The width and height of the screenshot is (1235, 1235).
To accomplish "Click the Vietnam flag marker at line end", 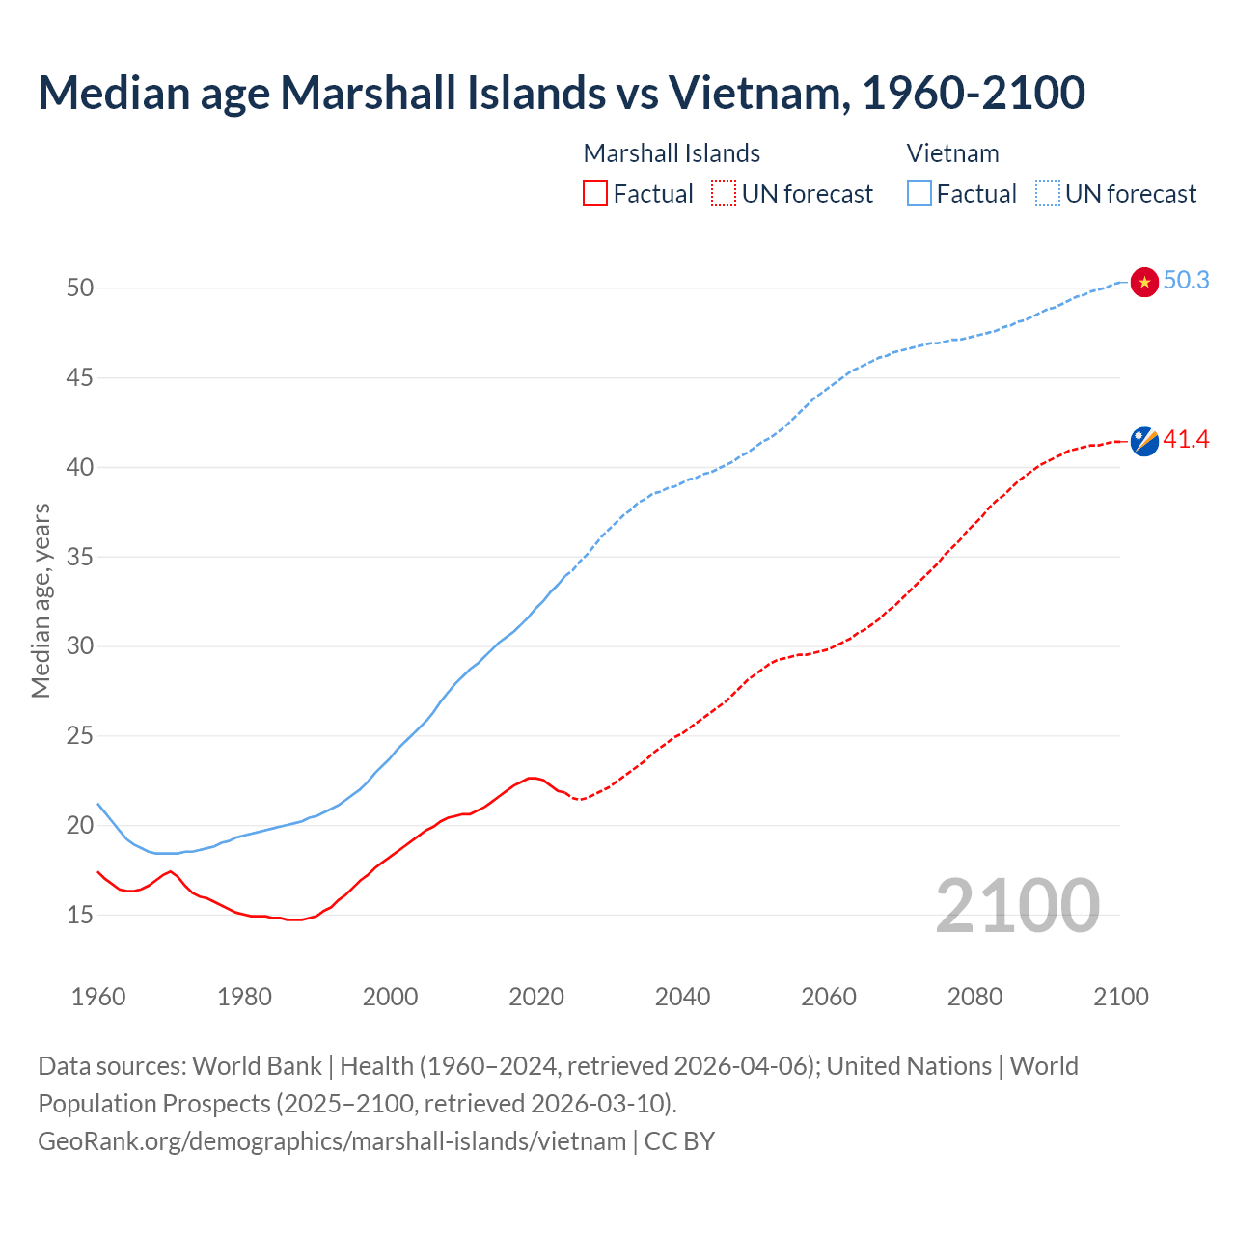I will coord(1144,282).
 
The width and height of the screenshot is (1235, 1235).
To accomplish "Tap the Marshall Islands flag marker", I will coord(1144,441).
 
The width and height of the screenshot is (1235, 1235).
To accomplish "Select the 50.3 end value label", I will coord(1186,281).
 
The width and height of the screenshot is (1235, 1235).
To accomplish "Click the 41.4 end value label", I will coord(1186,440).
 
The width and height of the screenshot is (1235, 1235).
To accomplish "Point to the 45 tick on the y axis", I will coord(80,377).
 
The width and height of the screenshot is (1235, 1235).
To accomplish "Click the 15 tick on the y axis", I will coord(80,915).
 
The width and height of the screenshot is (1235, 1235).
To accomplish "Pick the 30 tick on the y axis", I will coord(80,645).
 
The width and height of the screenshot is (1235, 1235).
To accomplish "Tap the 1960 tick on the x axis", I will coord(98,997).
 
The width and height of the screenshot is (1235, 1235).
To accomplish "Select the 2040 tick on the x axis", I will coord(682,997).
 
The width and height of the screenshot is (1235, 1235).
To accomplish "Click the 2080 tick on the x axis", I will coord(974,997).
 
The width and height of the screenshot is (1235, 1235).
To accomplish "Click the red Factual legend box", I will coord(595,194).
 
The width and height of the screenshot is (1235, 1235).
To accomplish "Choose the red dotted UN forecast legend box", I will coord(724,194).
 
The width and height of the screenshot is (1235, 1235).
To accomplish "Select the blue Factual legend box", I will coord(919,194).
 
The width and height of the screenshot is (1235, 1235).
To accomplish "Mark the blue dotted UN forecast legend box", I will coord(1047,194).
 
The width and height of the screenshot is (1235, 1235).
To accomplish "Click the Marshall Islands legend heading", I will coord(672,153).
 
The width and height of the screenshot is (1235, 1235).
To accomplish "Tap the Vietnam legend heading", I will coord(952,153).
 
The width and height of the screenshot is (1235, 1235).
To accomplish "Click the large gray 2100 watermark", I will coord(1017,905).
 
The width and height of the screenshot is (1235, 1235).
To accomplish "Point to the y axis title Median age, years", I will coord(41,600).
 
